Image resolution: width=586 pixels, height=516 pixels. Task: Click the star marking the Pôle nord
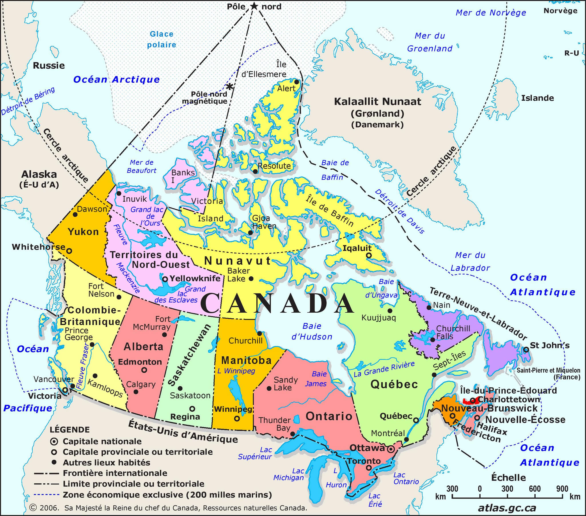[x=254, y=6]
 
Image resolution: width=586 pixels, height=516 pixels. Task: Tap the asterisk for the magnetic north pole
[x=229, y=86]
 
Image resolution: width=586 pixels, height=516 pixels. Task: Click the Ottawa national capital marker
[x=390, y=449]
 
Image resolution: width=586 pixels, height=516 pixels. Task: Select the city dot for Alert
[x=297, y=82]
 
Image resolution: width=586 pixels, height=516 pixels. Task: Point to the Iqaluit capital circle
[x=369, y=255]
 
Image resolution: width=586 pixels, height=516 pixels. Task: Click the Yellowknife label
[x=195, y=278]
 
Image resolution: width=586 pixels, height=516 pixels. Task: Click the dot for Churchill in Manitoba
[x=260, y=334]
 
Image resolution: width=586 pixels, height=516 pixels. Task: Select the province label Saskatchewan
[x=189, y=356]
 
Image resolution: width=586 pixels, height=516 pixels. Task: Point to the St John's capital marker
[x=526, y=350]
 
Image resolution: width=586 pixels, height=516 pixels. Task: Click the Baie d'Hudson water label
[x=312, y=332]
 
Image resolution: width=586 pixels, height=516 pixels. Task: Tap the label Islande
[x=537, y=98]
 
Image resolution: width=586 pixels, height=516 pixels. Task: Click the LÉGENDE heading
[x=70, y=430]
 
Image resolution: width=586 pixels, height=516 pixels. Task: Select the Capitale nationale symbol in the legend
[x=54, y=441]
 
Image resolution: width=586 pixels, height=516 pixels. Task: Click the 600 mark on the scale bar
[x=534, y=489]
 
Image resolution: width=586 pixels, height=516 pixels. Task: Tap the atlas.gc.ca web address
[x=507, y=508]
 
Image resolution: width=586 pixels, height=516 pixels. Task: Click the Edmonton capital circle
[x=144, y=370]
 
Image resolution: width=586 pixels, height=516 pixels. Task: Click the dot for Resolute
[x=255, y=171]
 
